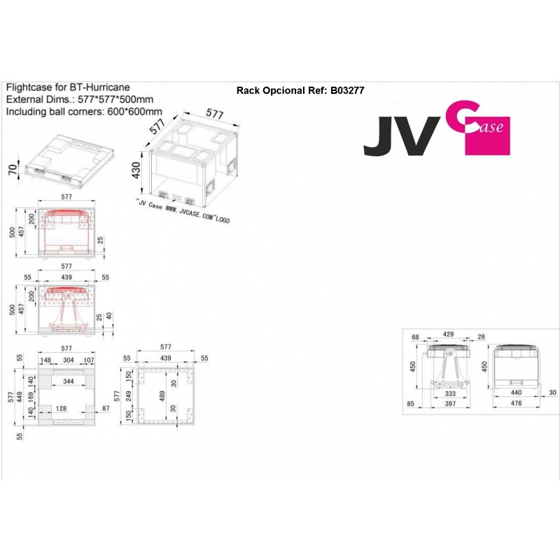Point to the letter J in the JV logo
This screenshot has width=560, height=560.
pyautogui.click(x=379, y=137)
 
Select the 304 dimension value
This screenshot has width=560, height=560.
pyautogui.click(x=69, y=360)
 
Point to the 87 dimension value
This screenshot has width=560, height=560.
pyautogui.click(x=106, y=407)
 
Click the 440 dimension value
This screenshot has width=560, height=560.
pyautogui.click(x=517, y=394)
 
